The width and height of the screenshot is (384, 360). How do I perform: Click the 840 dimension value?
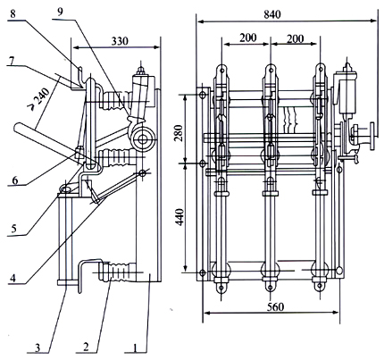pyautogui.click(x=272, y=14)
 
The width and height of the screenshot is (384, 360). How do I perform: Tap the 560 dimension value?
pyautogui.click(x=275, y=306)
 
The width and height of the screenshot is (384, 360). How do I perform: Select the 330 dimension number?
pyautogui.click(x=120, y=41)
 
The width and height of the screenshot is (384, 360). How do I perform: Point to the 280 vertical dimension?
pyautogui.click(x=179, y=129)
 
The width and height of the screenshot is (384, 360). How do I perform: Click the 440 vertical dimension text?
pyautogui.click(x=180, y=217)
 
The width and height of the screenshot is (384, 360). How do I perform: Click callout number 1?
pyautogui.click(x=136, y=347)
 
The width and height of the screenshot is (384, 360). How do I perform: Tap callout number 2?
pyautogui.click(x=86, y=347)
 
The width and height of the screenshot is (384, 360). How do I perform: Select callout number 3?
pyautogui.click(x=38, y=347)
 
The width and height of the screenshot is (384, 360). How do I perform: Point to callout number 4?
pyautogui.click(x=13, y=279)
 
